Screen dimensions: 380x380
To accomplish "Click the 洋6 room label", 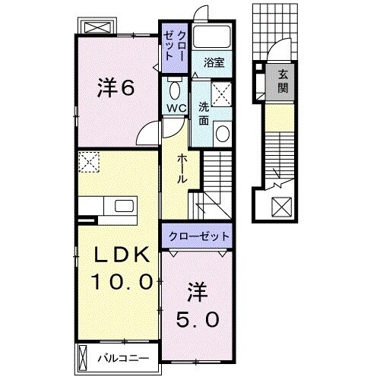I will (x=116, y=88).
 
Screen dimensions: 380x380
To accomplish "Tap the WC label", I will (x=176, y=108).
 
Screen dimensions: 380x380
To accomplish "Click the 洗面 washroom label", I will (x=203, y=113).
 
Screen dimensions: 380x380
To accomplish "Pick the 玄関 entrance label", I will (x=283, y=81).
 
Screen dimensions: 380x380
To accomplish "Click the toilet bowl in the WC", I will (x=174, y=90).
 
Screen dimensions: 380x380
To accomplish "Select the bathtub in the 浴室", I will (x=212, y=36).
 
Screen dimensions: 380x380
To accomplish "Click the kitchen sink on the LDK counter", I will (x=122, y=206).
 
